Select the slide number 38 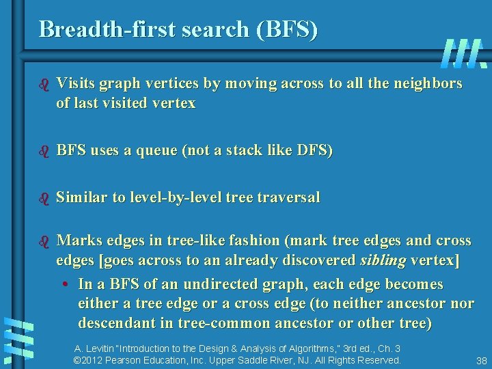click(x=481, y=360)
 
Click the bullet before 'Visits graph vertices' click(x=44, y=84)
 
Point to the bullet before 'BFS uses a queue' click(x=44, y=150)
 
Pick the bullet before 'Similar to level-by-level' click(x=44, y=198)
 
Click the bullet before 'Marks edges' click(x=44, y=241)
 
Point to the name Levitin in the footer click(x=102, y=348)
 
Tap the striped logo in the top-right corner click(x=464, y=53)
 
